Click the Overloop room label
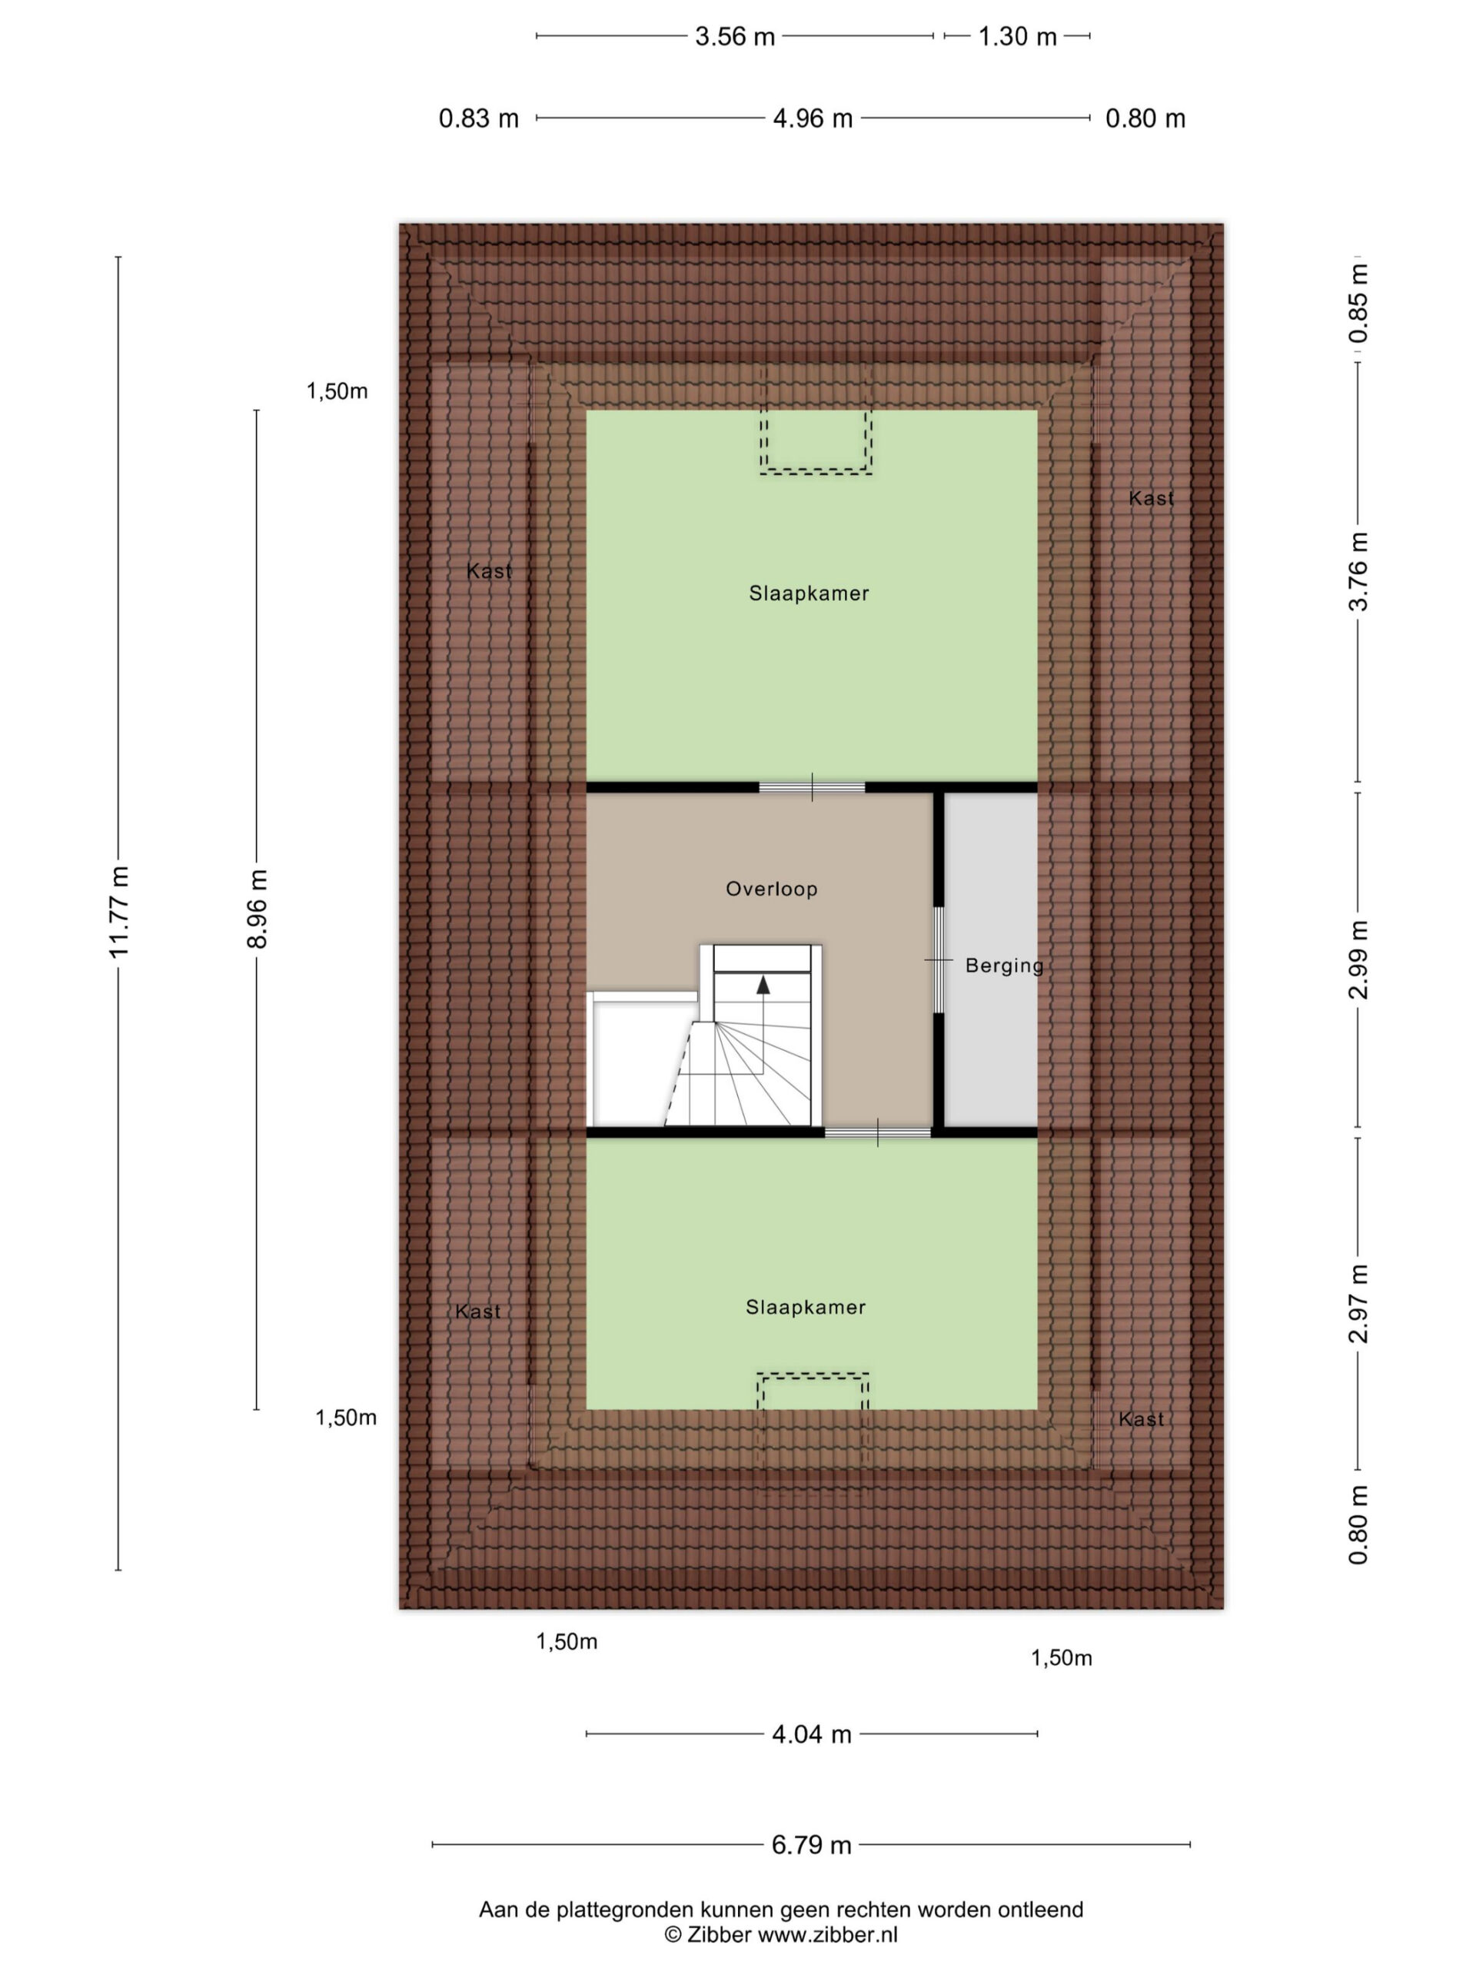pyautogui.click(x=771, y=889)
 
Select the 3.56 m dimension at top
pyautogui.click(x=735, y=36)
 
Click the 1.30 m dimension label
pyautogui.click(x=1017, y=36)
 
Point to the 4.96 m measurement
pyautogui.click(x=813, y=118)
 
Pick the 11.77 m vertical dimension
pyautogui.click(x=119, y=912)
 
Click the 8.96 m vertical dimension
pyautogui.click(x=257, y=909)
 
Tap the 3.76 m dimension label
pyautogui.click(x=1358, y=571)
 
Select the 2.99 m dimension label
pyautogui.click(x=1358, y=960)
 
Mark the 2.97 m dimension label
pyautogui.click(x=1358, y=1302)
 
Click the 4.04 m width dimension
pyautogui.click(x=811, y=1734)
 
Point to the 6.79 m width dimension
pyautogui.click(x=811, y=1844)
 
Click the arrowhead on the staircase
pyautogui.click(x=763, y=984)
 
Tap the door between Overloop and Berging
pyautogui.click(x=938, y=960)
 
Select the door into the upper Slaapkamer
pyautogui.click(x=813, y=787)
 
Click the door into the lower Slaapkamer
pyautogui.click(x=878, y=1132)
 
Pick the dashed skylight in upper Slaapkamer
pyautogui.click(x=816, y=441)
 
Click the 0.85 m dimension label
pyautogui.click(x=1358, y=304)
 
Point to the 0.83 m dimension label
pyautogui.click(x=479, y=118)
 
